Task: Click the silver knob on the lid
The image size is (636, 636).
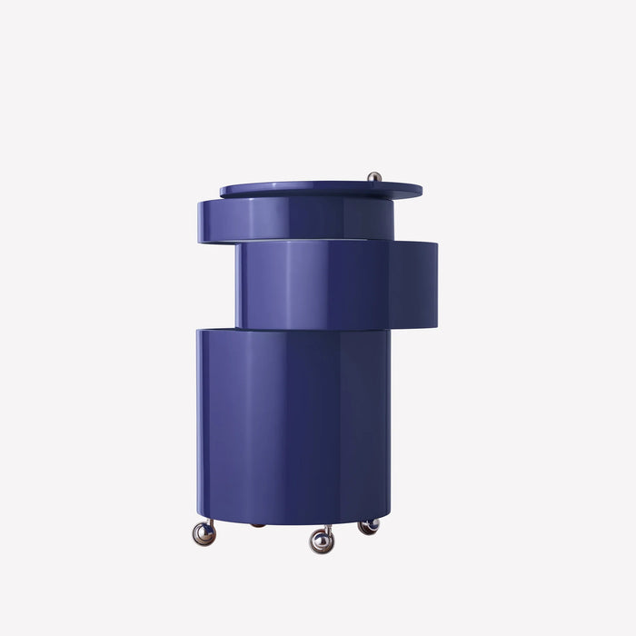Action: pos(374,176)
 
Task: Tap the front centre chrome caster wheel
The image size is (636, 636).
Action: pos(321,542)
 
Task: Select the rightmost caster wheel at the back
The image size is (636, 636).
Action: pos(368,526)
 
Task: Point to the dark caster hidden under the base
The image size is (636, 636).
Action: pos(258,525)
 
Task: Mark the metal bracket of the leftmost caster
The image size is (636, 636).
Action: pos(209,522)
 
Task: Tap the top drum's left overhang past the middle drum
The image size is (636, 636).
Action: pos(214,220)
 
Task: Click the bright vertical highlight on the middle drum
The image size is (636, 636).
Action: pos(293,283)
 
